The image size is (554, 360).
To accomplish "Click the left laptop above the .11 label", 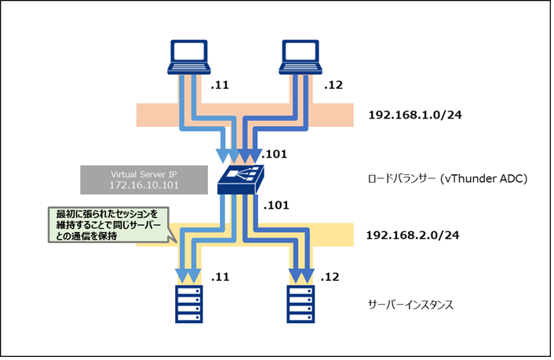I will (x=188, y=56).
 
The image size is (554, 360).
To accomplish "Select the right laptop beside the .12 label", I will (x=301, y=56).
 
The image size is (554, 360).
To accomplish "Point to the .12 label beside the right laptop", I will (x=333, y=85).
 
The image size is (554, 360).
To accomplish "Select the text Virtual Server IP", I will (x=137, y=173).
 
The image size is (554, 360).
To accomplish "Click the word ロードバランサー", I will (x=405, y=178).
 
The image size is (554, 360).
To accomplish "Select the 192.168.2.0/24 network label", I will (x=413, y=235).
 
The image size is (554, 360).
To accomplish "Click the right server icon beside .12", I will (x=300, y=304).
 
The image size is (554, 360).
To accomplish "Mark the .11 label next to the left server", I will (x=221, y=277).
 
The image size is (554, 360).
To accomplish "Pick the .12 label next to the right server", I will (x=331, y=277).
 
